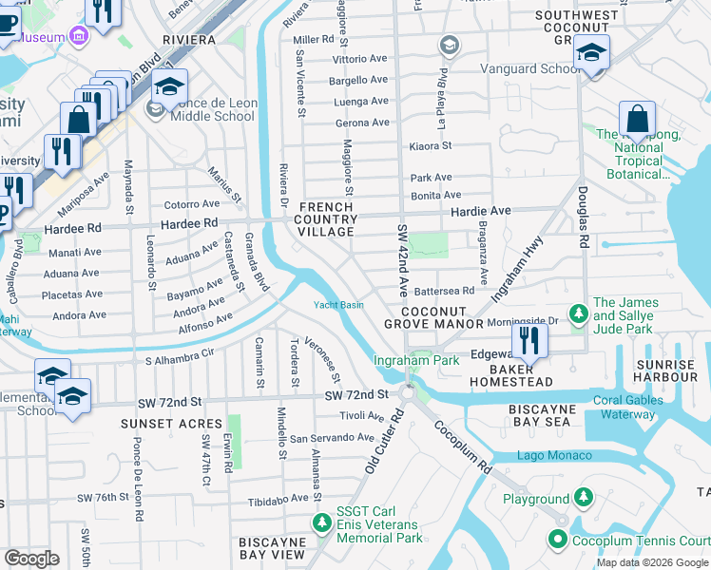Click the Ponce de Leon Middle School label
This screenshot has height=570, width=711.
213,109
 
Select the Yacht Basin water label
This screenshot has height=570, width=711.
339,305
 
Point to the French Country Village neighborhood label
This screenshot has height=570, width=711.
329,219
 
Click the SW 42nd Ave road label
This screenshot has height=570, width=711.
403,257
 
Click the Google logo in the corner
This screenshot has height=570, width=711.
31,559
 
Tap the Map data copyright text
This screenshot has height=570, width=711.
651,562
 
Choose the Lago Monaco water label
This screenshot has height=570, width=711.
554,456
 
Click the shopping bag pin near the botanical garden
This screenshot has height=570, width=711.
637,121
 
